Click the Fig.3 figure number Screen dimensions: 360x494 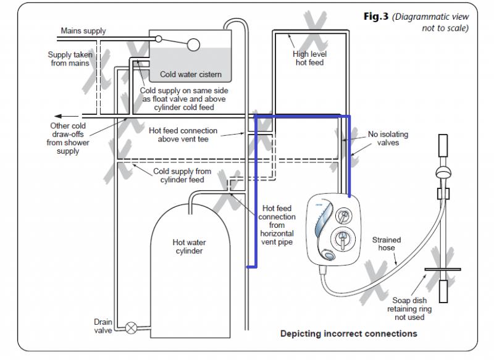point(377,17)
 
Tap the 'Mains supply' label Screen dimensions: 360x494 point(83,31)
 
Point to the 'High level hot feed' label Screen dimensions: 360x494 point(309,59)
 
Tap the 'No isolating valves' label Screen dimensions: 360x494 point(388,138)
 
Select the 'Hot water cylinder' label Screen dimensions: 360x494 point(188,247)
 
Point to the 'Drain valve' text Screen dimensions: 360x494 point(103,326)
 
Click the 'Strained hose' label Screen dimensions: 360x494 point(386,244)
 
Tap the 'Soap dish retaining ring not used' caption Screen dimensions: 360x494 point(409,309)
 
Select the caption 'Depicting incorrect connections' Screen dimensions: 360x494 point(349,334)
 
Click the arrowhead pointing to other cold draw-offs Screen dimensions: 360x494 point(57,115)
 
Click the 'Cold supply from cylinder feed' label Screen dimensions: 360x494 point(182,175)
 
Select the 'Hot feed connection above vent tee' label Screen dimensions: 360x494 point(183,135)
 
